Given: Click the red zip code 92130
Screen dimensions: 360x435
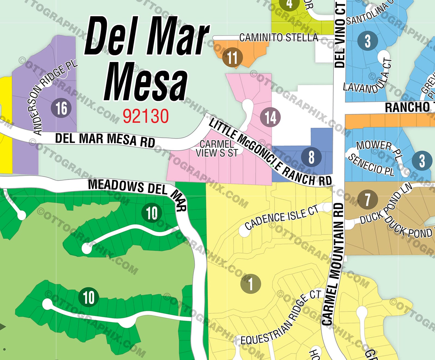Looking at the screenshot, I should pyautogui.click(x=146, y=116).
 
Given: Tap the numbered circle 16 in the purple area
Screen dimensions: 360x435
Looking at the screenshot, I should pyautogui.click(x=61, y=108).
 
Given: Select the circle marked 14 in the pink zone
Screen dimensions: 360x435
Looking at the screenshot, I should pyautogui.click(x=270, y=117).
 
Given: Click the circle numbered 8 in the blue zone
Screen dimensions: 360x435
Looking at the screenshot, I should pyautogui.click(x=311, y=157).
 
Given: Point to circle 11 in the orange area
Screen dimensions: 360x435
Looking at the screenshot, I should pyautogui.click(x=232, y=58).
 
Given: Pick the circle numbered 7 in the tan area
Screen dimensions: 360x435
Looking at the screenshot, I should pyautogui.click(x=367, y=199).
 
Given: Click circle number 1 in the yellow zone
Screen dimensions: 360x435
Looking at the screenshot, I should pyautogui.click(x=251, y=284).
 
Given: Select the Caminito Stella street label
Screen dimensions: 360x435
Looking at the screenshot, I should pyautogui.click(x=278, y=38).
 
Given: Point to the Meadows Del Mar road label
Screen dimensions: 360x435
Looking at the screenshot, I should pyautogui.click(x=136, y=190).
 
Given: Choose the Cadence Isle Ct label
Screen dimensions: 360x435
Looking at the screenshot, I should pyautogui.click(x=281, y=217).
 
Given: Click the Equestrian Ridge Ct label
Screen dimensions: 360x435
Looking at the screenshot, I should pyautogui.click(x=281, y=318).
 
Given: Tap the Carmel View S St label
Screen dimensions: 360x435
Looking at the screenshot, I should pyautogui.click(x=217, y=148).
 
